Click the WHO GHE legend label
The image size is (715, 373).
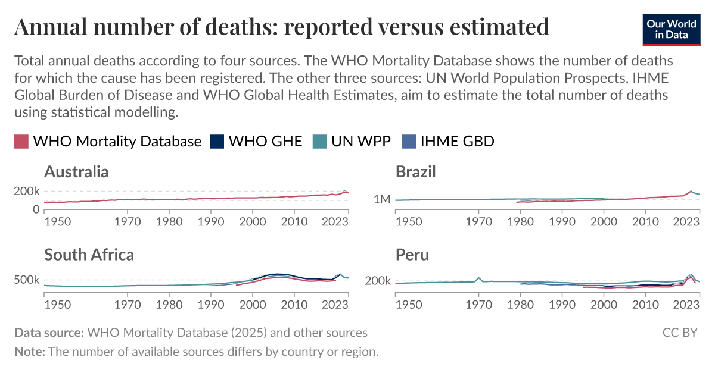265,142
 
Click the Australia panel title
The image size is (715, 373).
76,172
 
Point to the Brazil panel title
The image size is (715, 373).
416,172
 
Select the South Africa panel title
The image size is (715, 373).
89,255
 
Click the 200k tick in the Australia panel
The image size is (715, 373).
27,192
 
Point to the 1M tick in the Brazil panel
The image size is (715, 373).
381,199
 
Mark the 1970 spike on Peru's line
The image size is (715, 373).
478,278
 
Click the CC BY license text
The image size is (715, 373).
680,333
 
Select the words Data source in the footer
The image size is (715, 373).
49,333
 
